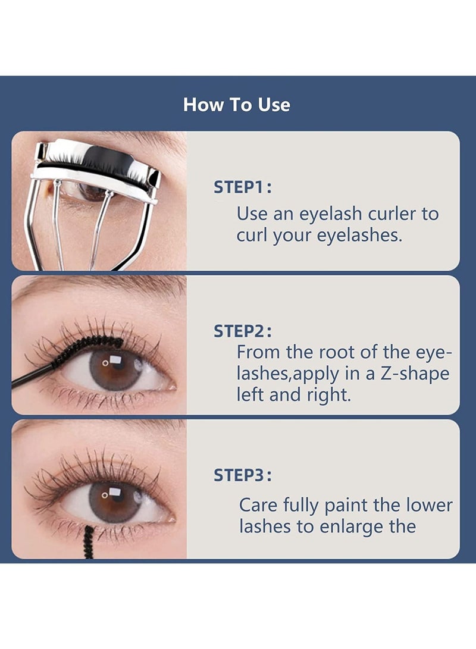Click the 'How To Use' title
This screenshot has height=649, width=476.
[x=237, y=105]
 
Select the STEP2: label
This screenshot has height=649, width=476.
[x=243, y=331]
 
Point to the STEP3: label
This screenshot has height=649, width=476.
[x=243, y=475]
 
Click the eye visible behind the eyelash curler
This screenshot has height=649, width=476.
[x=89, y=192]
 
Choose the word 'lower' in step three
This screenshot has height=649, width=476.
[x=428, y=505]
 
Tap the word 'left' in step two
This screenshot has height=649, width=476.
[x=250, y=394]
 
